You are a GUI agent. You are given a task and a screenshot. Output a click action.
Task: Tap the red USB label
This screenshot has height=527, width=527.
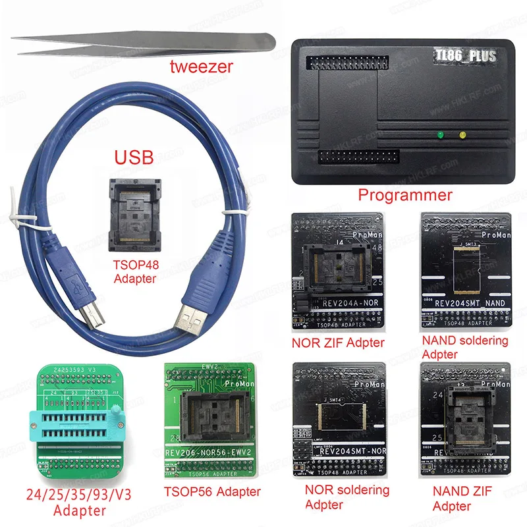tap(134, 157)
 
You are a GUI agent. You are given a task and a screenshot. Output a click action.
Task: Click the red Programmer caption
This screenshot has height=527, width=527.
tap(404, 195)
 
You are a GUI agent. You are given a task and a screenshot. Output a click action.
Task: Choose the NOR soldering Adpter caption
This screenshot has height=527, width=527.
tap(347, 497)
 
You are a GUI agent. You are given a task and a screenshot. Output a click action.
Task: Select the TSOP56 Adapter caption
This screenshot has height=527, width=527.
tap(212, 491)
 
